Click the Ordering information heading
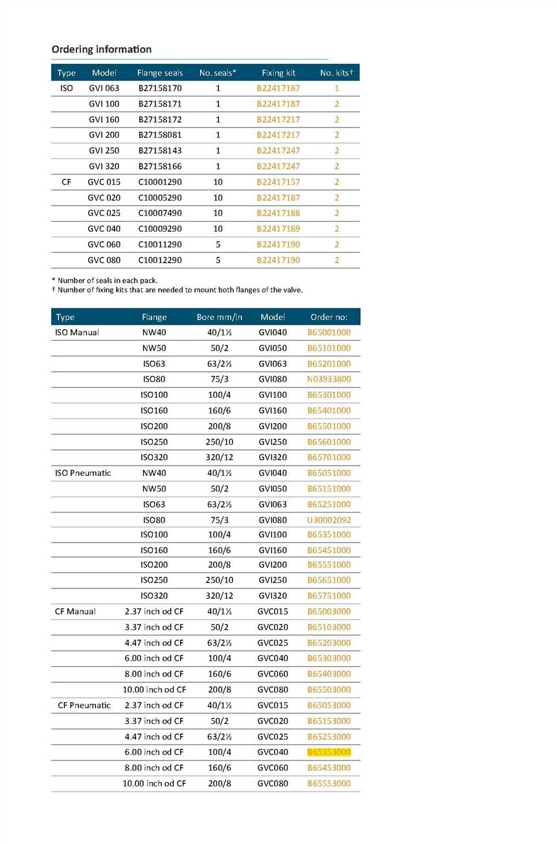101,49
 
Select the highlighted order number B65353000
329,752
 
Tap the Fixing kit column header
278,72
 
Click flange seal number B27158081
160,135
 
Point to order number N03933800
329,380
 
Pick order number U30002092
329,520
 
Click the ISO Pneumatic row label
83,473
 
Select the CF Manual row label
76,611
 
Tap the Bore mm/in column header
219,317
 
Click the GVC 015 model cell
104,182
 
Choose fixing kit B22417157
278,182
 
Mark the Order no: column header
329,317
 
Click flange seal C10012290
160,260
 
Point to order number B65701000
329,457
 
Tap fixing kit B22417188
278,213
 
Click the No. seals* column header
218,72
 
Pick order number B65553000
329,783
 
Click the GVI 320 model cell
104,166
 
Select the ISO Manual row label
77,332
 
